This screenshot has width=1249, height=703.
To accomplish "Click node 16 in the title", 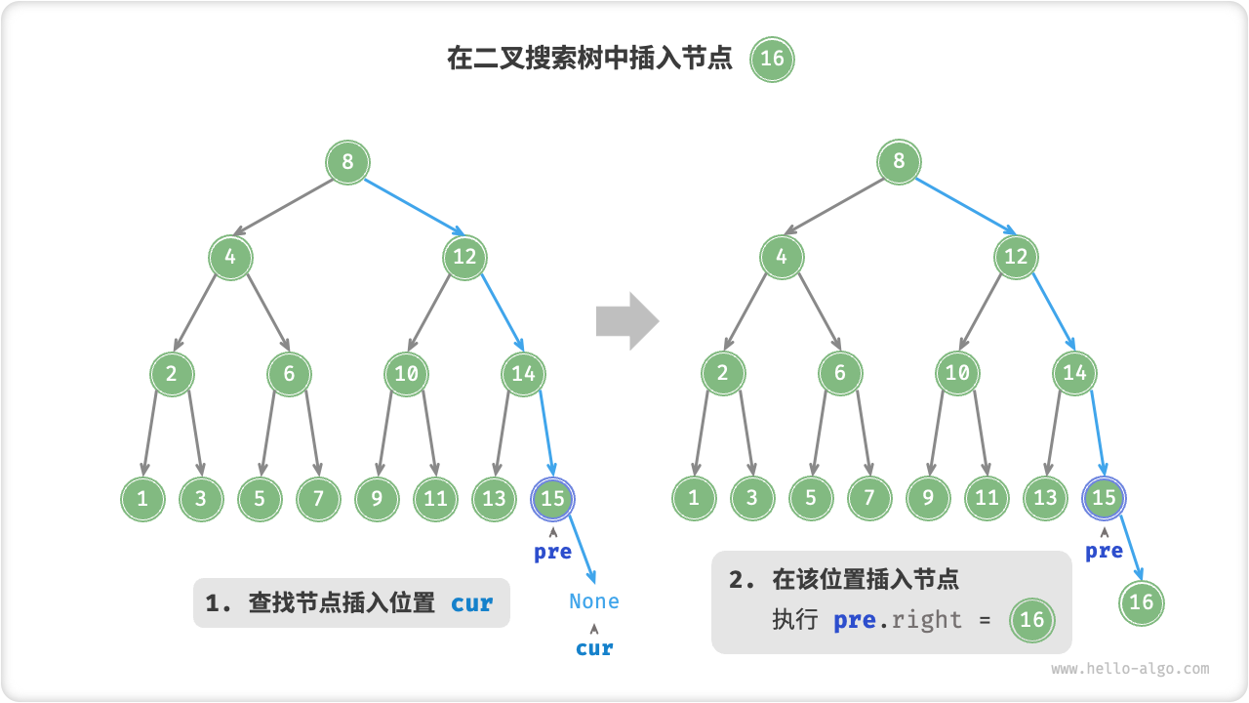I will tap(772, 59).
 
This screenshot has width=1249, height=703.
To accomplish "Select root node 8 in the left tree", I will tap(347, 161).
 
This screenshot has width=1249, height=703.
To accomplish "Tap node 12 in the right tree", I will tap(1016, 257).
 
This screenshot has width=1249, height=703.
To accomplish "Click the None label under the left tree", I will tap(594, 601).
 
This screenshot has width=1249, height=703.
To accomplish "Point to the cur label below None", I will tap(594, 647).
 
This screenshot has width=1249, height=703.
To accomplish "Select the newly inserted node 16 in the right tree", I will tap(1142, 601).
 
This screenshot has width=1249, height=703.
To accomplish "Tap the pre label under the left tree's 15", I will tap(552, 552).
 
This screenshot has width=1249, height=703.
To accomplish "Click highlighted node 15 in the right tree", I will tap(1104, 498).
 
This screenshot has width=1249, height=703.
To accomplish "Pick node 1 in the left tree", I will tap(142, 499).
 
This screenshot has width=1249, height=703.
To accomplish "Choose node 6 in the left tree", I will tap(289, 373).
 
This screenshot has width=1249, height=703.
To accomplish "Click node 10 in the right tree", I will tap(957, 373).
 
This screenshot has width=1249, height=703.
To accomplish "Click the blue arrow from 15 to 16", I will tap(1125, 548).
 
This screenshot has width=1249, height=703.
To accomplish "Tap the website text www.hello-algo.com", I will tap(1130, 669).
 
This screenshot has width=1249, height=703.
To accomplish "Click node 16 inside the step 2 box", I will tap(1031, 619).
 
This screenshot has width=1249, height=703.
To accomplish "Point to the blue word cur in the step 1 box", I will tap(471, 603).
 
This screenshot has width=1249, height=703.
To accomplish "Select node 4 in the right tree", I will tap(782, 257).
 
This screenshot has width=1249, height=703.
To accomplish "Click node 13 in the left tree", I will tap(494, 499).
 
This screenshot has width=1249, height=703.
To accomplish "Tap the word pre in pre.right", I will tap(854, 620).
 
